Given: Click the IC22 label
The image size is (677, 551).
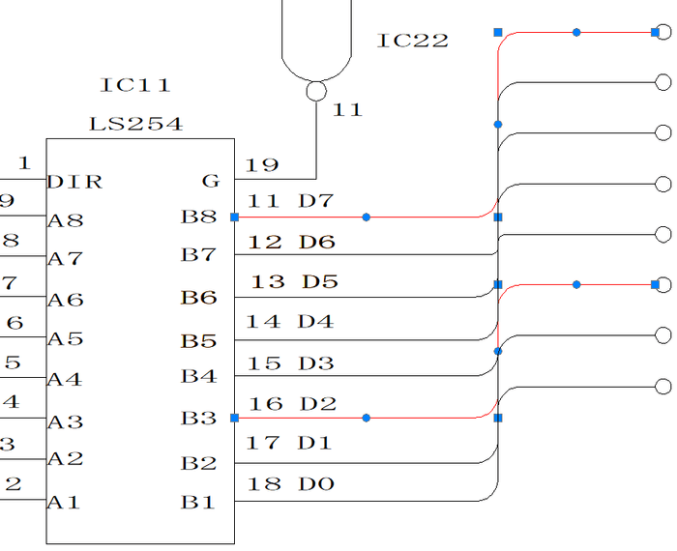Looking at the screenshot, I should pos(413,41).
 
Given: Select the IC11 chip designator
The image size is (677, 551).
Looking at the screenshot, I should pos(135,86).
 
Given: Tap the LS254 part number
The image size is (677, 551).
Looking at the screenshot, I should pos(135,125).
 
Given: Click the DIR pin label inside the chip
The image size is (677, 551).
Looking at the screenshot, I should pos(75,182).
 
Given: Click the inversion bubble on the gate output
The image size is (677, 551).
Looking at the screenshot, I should pos(315,91).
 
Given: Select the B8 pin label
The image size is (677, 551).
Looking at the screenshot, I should pos(198,217).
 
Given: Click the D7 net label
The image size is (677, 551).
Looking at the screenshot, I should pos(316,201).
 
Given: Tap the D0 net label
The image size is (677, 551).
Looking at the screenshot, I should pos(316,483).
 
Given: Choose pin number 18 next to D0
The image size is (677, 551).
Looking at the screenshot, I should pos(264,483).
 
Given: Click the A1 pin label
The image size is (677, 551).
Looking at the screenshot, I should pos(65,503).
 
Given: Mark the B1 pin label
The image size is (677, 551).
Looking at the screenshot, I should pos(198,503).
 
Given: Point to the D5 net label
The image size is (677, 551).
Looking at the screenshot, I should pos(320,282).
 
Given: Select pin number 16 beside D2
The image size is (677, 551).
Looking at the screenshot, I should pos(264,403).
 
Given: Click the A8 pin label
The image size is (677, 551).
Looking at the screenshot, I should pos(65,220).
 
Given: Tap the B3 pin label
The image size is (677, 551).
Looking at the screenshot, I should pos(198,419).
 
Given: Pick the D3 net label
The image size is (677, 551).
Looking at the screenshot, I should pos(316,363).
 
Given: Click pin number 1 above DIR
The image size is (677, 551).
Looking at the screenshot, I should pos(24,163).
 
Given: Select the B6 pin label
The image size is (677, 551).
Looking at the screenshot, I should pos(198,297).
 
